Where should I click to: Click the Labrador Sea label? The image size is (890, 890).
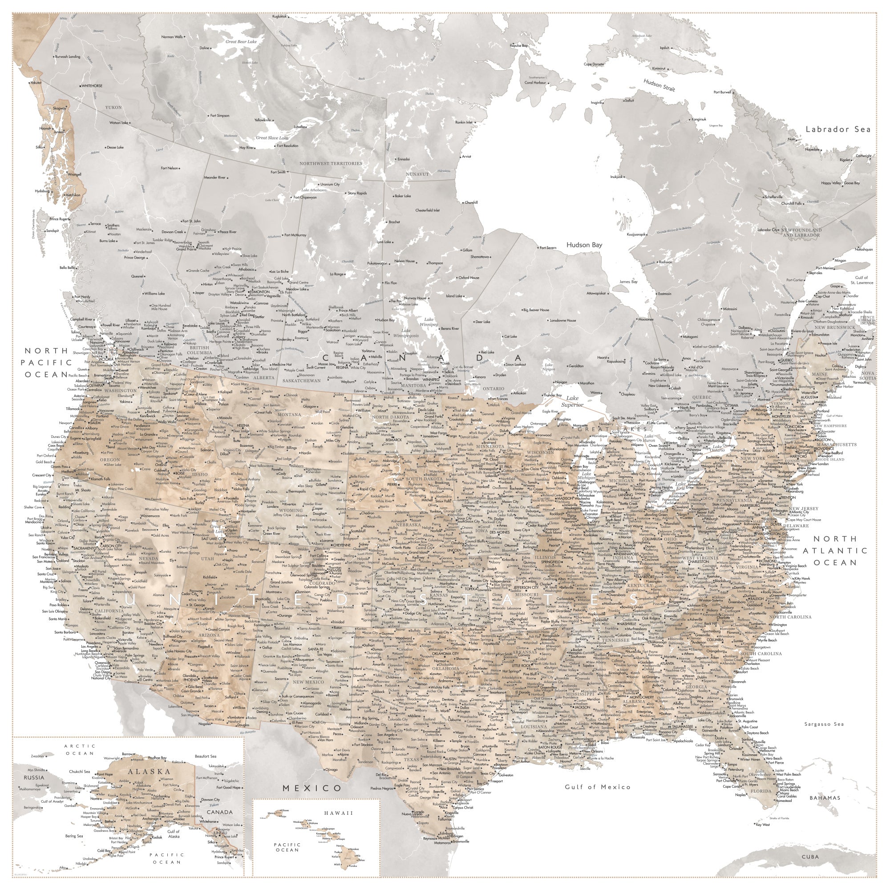click(x=838, y=129)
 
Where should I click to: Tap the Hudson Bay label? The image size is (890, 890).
click(x=584, y=245)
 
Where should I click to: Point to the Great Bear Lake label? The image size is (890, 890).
click(x=241, y=41)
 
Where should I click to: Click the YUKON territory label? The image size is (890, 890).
click(x=113, y=107)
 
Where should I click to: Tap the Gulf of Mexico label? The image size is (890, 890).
click(x=598, y=787)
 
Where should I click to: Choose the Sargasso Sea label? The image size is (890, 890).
click(x=824, y=724)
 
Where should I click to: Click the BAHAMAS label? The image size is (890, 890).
click(x=825, y=797)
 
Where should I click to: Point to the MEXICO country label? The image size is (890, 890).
click(x=312, y=788)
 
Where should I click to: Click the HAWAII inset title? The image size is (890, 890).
click(x=338, y=813)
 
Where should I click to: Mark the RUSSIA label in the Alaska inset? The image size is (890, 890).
click(x=34, y=777)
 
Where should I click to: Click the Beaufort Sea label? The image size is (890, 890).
click(x=206, y=756)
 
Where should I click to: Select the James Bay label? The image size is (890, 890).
click(x=628, y=282)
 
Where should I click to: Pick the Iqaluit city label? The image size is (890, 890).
click(x=664, y=48)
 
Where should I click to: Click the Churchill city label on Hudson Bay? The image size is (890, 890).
click(x=471, y=202)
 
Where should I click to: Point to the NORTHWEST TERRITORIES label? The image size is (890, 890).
click(x=331, y=163)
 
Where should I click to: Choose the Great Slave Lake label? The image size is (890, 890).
click(x=272, y=138)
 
